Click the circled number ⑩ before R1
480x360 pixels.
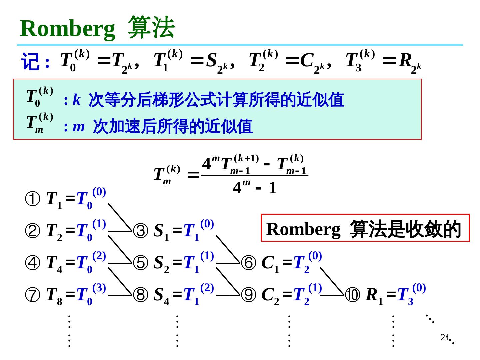coord(353,295)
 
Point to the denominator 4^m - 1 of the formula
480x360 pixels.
coord(255,188)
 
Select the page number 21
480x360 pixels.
coord(444,337)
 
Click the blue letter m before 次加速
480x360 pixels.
coord(79,127)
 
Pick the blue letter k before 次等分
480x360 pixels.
coord(76,100)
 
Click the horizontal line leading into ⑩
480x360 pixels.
coord(333,295)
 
